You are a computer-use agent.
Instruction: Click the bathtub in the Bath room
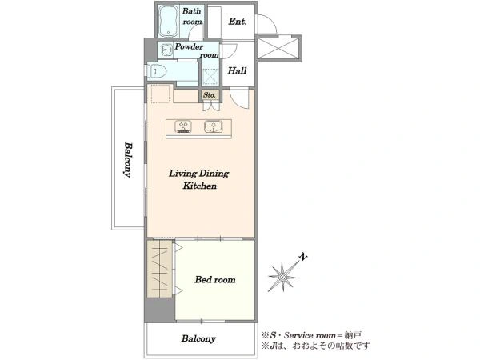[x=168, y=21]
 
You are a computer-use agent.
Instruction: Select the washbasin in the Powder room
[x=166, y=50]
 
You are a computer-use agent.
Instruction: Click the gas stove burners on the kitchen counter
[x=183, y=126]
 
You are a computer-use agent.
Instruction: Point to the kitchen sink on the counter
[x=214, y=126]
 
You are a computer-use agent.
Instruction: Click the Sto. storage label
[x=210, y=95]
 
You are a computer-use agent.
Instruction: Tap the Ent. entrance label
[x=238, y=22]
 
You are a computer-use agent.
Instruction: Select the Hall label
[x=237, y=70]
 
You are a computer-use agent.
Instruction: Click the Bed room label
[x=215, y=279]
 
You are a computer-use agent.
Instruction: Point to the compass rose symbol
[x=283, y=277]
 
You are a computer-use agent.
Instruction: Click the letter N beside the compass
[x=303, y=257]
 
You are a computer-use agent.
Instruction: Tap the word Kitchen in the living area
[x=199, y=186]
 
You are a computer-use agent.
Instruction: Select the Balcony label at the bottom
[x=198, y=338]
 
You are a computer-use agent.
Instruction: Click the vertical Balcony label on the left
[x=129, y=159]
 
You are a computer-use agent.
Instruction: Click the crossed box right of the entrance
[x=278, y=48]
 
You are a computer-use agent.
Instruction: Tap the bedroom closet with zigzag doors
[x=159, y=269]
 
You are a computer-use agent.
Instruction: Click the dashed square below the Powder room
[x=210, y=77]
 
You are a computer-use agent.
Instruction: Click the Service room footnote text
[x=311, y=335]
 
